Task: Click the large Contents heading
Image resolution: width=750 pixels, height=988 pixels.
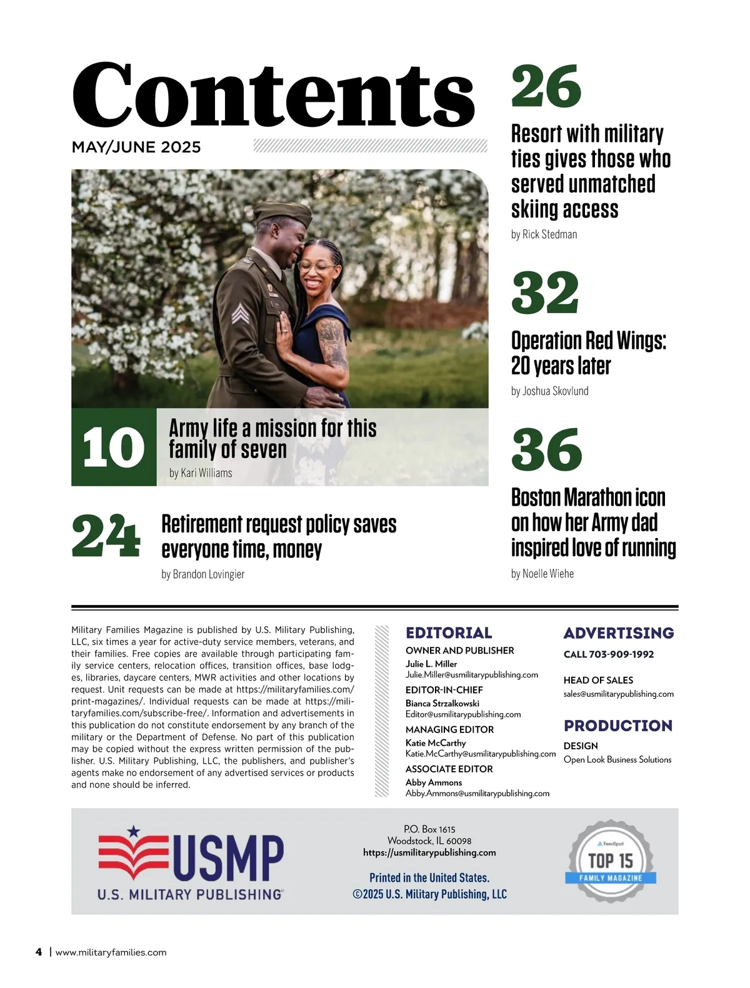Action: coord(273,95)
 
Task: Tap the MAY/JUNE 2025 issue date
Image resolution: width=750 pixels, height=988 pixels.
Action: coord(136,147)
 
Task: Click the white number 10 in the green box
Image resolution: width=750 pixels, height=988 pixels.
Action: coord(113,447)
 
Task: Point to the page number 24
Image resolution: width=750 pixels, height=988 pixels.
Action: coord(106,536)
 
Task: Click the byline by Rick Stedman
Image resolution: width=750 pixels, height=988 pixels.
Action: coord(544,234)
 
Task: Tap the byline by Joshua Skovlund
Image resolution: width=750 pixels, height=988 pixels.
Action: coord(549,391)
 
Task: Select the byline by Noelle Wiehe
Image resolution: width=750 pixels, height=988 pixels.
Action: coord(542,574)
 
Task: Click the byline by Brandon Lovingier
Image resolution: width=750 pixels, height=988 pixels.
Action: coord(202,574)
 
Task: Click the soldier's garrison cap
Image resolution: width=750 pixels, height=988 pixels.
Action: coord(282,214)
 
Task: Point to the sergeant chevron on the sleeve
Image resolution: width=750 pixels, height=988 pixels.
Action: coord(240,313)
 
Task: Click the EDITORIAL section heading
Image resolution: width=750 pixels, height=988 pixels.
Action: coord(449,633)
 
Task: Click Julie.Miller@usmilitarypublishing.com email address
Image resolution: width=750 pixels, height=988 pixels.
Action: coord(471,675)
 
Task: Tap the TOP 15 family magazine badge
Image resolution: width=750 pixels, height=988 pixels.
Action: coord(611,861)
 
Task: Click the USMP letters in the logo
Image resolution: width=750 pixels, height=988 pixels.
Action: coord(227,857)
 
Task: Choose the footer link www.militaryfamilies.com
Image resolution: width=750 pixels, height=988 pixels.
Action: coord(111,952)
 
